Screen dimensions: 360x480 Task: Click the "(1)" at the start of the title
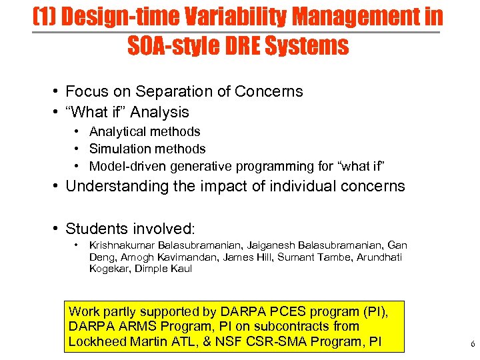click(x=45, y=17)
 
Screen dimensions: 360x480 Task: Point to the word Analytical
click(x=117, y=131)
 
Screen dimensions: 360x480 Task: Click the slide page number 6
click(x=472, y=344)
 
